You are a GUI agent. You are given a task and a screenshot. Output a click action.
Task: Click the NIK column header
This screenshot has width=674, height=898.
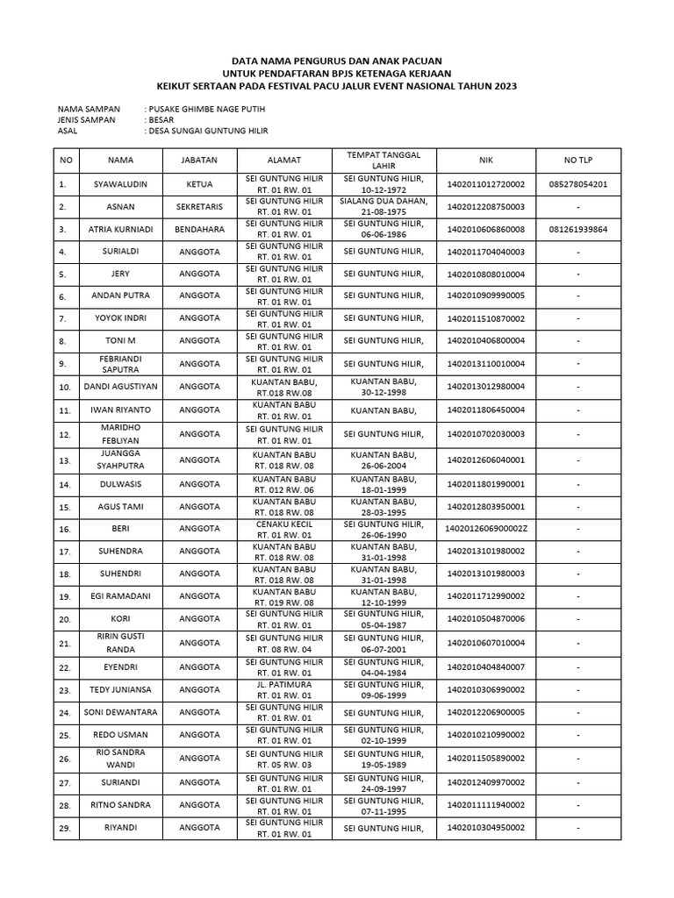click(486, 161)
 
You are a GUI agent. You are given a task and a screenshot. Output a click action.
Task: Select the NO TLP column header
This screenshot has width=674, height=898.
click(578, 161)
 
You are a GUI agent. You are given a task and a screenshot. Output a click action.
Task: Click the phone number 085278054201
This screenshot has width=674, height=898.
click(578, 185)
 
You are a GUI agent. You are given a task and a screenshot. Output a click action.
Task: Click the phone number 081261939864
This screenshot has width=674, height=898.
click(578, 230)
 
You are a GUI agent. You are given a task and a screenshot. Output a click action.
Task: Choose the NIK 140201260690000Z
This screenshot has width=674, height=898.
click(486, 530)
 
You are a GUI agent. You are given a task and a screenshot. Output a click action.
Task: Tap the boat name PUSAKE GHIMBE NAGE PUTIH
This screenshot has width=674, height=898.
click(207, 109)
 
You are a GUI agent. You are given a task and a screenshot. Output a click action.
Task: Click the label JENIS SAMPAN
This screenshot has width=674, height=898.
click(86, 120)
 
